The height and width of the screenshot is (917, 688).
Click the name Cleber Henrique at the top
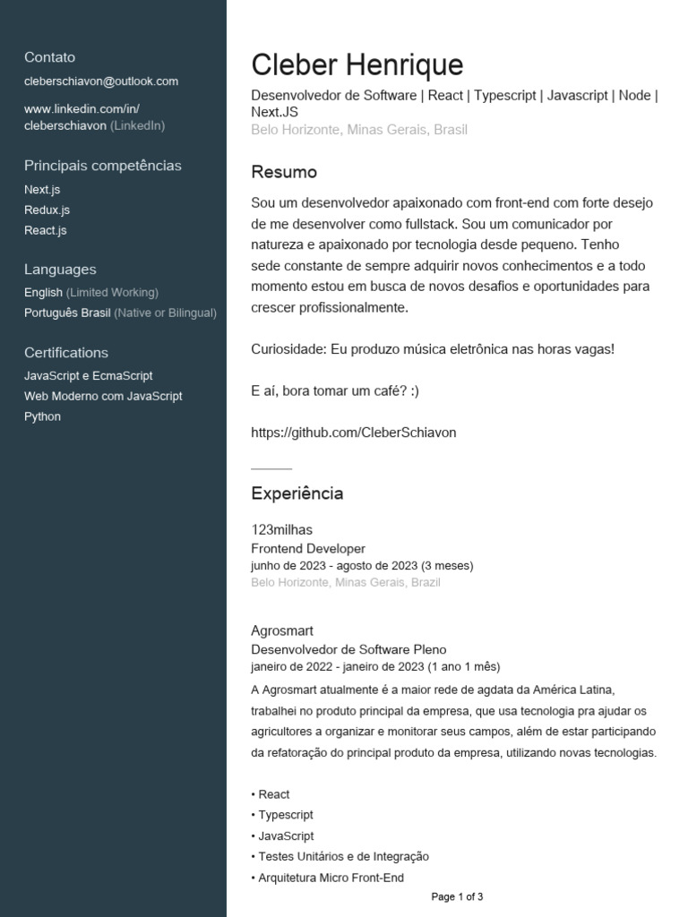[357, 64]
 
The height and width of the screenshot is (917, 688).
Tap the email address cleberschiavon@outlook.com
[101, 81]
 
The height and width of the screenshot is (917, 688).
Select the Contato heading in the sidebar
[50, 57]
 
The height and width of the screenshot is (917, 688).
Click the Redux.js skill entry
[47, 210]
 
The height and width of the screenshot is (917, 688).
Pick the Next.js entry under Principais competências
[42, 190]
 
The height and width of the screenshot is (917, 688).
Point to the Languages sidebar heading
[60, 270]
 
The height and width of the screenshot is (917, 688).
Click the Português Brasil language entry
[67, 313]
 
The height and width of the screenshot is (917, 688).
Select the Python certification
[43, 416]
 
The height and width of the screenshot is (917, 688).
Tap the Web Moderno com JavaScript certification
[103, 396]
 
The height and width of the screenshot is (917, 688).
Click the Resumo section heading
[284, 172]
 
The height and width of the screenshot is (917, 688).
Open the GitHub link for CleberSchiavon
[354, 433]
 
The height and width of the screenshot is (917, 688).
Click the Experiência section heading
[297, 493]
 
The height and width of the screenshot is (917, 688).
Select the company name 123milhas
[282, 530]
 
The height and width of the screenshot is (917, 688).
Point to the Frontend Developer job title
[308, 548]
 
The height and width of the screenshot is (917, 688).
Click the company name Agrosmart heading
[282, 630]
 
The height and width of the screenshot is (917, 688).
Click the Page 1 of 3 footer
[457, 896]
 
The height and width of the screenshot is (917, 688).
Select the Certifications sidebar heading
[66, 353]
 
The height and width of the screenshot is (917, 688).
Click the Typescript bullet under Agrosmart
[286, 815]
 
